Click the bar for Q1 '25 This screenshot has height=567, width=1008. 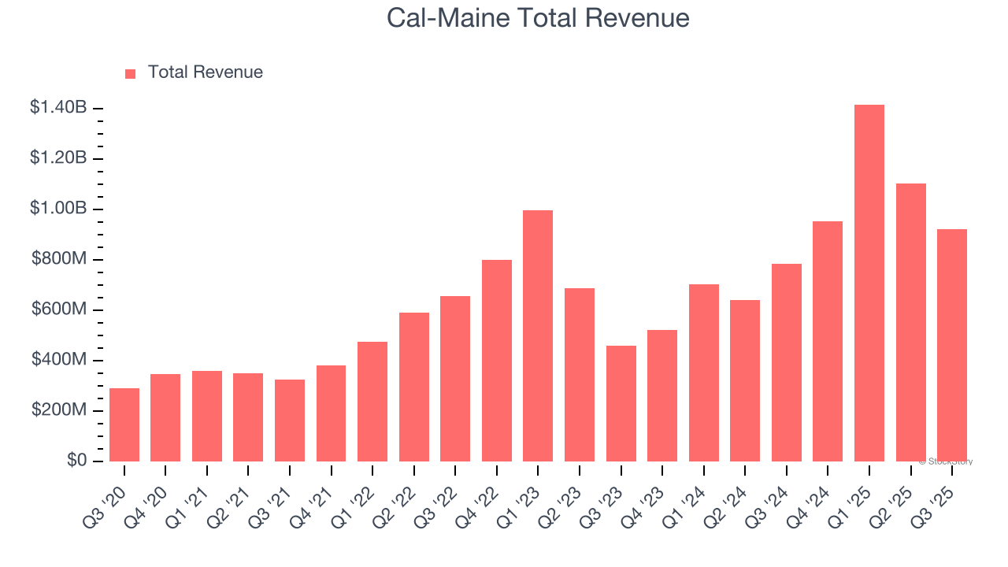[x=869, y=283]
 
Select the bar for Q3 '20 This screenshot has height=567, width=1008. [x=124, y=424]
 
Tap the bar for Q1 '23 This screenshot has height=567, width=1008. [x=538, y=335]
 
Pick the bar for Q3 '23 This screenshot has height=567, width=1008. [x=621, y=403]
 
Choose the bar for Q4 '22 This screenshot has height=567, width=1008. [x=497, y=361]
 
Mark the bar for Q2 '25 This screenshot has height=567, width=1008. [x=911, y=322]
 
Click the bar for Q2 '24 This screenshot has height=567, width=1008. [x=745, y=380]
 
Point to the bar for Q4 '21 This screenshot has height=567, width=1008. [x=331, y=413]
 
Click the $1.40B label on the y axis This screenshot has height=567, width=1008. [x=58, y=108]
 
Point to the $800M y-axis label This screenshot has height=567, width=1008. [x=59, y=259]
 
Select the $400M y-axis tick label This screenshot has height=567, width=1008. [x=59, y=360]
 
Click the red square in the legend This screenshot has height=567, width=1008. [x=131, y=73]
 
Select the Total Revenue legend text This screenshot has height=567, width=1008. [x=205, y=72]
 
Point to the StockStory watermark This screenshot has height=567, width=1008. [x=946, y=461]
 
